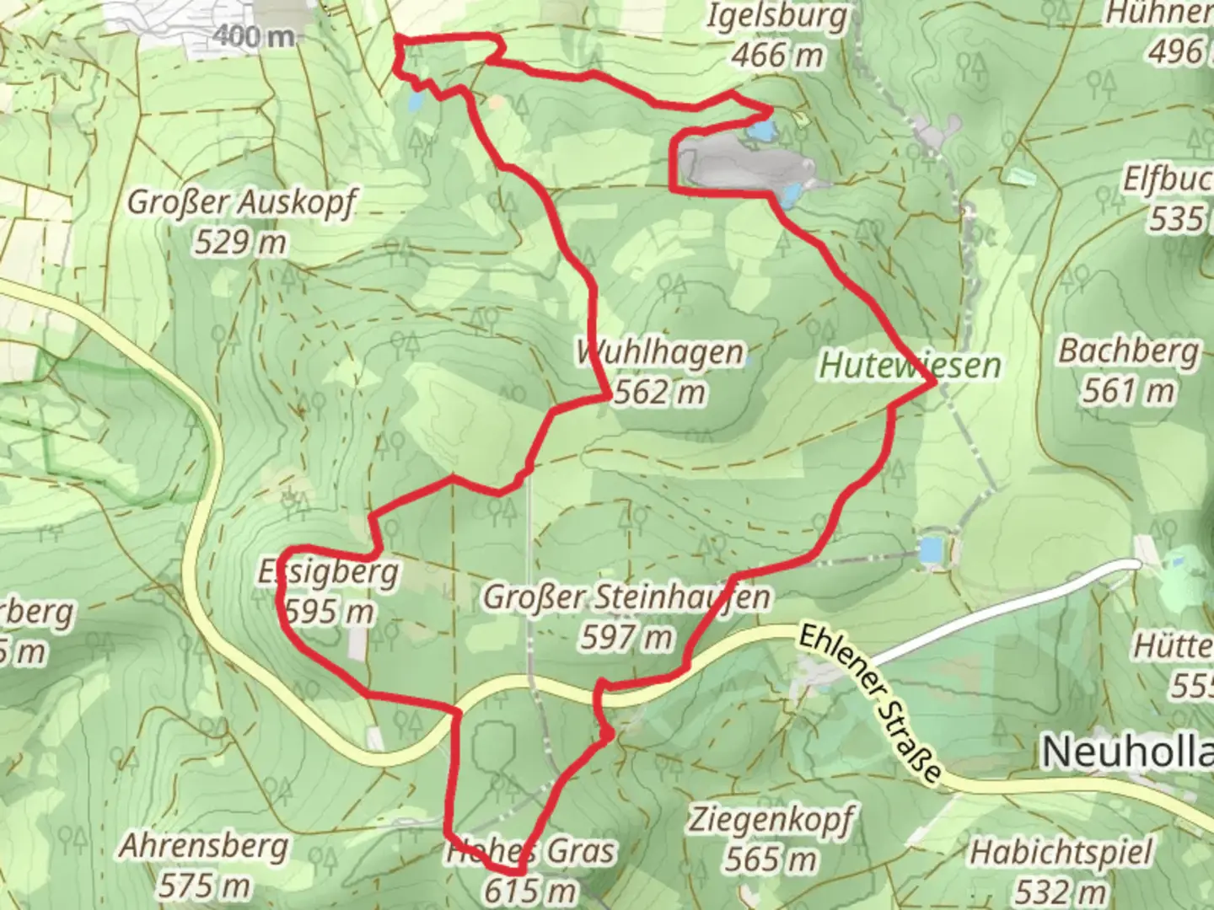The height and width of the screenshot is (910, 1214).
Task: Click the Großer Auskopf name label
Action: pos(242,203)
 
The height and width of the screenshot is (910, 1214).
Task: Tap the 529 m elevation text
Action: pos(240,243)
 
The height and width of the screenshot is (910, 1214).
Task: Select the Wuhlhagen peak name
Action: pos(660,352)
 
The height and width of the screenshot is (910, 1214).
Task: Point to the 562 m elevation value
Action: pos(660,392)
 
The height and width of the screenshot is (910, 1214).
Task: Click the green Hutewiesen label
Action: pos(910,366)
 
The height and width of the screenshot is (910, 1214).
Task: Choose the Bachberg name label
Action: pos(1129,351)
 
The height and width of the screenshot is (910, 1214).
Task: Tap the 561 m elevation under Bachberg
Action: pos(1129,390)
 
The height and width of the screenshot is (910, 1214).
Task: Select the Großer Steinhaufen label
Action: pos(626,597)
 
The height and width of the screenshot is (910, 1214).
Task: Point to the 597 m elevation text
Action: pos(626,638)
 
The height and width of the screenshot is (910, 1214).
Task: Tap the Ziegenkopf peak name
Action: pos(771,819)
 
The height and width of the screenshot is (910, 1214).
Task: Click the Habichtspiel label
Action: pos(1061,853)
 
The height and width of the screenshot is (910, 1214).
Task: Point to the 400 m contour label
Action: pos(254,37)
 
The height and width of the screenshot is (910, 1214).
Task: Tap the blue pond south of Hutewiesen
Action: pos(931,550)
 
